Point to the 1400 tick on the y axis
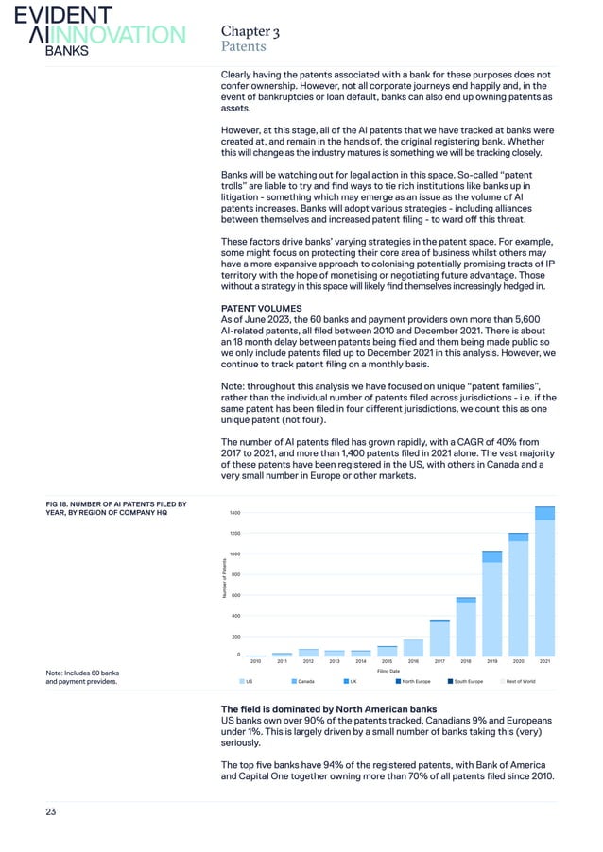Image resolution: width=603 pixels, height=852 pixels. (233, 513)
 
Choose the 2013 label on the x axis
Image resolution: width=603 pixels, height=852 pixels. (335, 662)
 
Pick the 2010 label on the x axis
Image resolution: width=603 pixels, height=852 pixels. (255, 662)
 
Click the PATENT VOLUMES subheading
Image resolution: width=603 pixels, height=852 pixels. (260, 308)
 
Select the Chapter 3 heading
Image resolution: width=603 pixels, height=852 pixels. (247, 30)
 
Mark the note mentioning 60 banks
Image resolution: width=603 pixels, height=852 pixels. (82, 676)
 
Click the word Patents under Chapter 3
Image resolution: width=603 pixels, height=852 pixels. (243, 45)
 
